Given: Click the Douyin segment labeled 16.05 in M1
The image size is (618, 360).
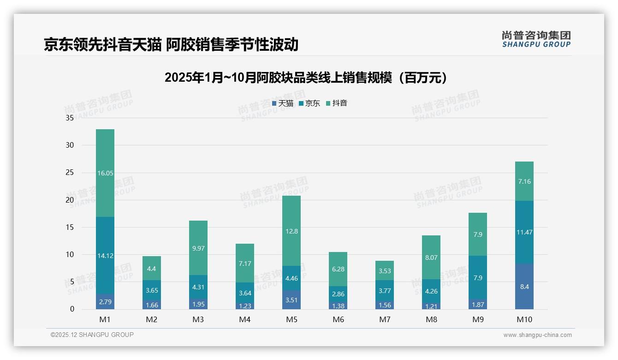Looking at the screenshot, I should click(x=105, y=173).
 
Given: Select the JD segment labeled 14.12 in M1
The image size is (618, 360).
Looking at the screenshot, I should click(x=105, y=255).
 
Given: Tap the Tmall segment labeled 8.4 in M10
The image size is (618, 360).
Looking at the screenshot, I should click(x=524, y=287).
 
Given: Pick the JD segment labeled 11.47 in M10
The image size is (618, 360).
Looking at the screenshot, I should click(x=524, y=232).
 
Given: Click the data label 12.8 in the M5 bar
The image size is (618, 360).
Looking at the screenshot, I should click(x=291, y=231).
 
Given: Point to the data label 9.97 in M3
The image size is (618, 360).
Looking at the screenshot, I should click(x=198, y=248).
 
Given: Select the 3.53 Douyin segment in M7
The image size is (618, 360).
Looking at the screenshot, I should click(x=385, y=271).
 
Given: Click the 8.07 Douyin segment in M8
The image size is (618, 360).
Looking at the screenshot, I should click(x=431, y=258).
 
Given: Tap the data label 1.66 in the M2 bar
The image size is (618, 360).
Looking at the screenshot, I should click(x=152, y=305).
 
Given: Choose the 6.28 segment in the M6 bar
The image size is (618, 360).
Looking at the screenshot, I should click(x=338, y=269).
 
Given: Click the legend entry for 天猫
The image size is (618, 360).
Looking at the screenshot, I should click(x=283, y=103).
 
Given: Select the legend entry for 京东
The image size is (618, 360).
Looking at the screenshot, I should click(x=309, y=103).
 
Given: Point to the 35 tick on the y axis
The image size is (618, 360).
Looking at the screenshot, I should click(x=70, y=118).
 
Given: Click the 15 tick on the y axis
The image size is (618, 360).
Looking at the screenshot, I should click(x=70, y=228).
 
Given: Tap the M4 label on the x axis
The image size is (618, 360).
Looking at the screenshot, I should click(x=245, y=319).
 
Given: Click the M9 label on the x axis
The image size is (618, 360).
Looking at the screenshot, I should click(x=478, y=319).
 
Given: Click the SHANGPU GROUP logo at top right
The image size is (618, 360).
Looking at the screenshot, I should click(x=536, y=39).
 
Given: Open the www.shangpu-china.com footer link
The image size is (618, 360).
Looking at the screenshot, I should click(x=537, y=335).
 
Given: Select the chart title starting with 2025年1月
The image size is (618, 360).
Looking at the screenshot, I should click(x=306, y=78).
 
